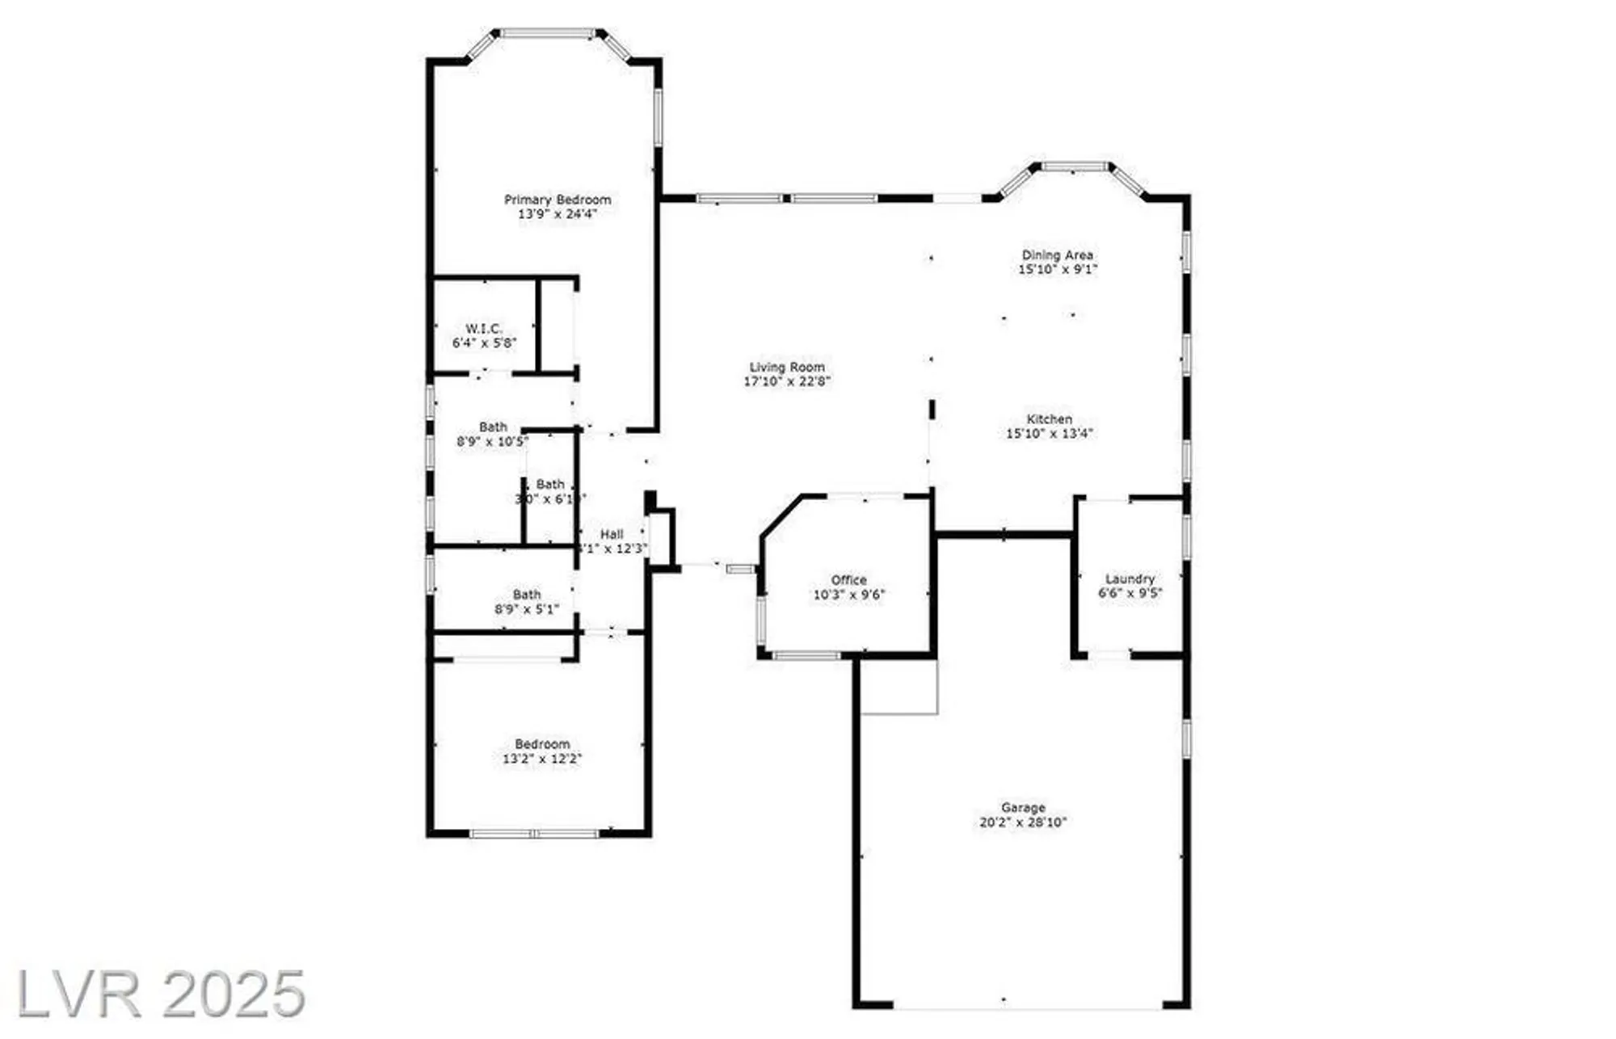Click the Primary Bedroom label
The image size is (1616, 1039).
(558, 200)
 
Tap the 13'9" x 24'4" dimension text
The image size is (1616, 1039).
(558, 214)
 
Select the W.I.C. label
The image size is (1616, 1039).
(484, 329)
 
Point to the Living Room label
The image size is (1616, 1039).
(787, 367)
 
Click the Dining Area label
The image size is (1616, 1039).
(1058, 255)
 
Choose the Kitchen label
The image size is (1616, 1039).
(1050, 419)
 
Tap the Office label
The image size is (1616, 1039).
(849, 580)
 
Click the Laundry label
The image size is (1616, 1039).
(1130, 579)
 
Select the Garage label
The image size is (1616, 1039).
(1023, 808)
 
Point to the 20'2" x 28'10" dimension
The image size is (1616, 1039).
(1023, 822)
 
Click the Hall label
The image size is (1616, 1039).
(612, 534)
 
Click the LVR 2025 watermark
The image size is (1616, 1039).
(162, 995)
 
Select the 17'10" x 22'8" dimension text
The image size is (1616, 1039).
(787, 381)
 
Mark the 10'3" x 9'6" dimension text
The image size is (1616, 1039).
(849, 595)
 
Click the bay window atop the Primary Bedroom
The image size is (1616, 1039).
(549, 34)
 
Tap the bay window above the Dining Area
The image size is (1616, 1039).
(1074, 167)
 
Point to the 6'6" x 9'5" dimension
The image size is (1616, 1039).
(1130, 593)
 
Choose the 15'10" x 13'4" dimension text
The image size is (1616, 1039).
(1050, 434)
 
